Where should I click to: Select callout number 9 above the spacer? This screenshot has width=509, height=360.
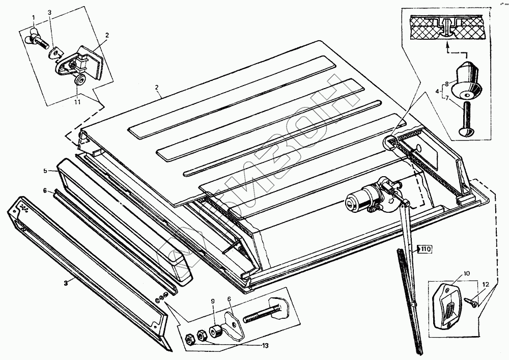(212, 308)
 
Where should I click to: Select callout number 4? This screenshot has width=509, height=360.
(437, 92)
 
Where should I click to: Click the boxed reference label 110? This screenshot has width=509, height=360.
(425, 249)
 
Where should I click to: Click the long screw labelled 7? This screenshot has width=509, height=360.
(466, 118)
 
